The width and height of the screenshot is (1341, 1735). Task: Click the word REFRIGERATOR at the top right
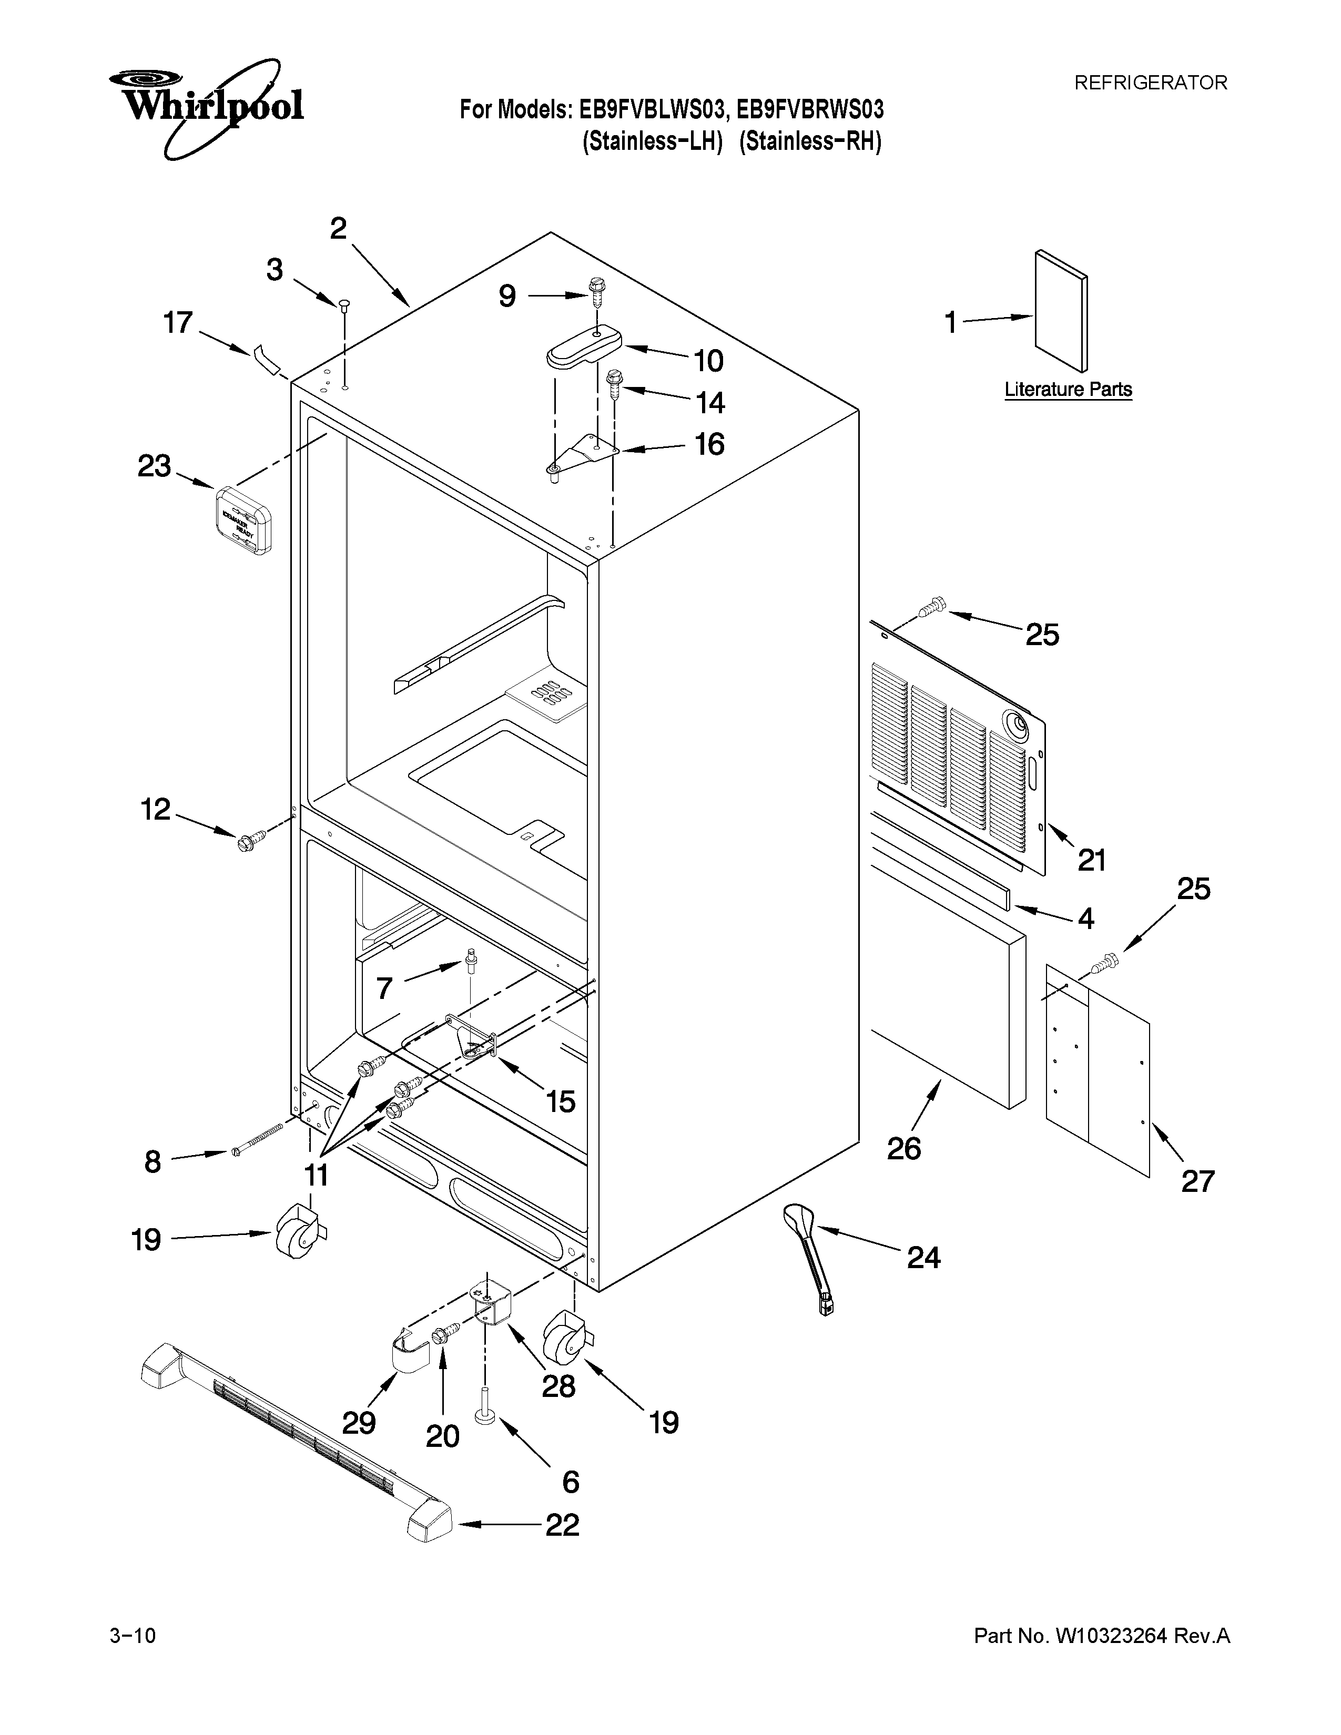[x=1150, y=83]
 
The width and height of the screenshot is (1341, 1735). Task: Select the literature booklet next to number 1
[x=1061, y=311]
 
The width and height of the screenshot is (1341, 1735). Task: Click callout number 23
[x=154, y=466]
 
